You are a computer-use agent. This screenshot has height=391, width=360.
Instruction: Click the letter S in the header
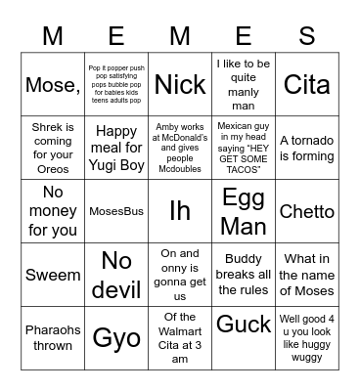(306, 36)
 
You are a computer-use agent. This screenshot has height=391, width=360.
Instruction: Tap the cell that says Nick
(180, 84)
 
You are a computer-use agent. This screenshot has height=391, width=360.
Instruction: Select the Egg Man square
(244, 212)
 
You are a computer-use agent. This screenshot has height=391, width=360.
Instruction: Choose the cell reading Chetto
(307, 212)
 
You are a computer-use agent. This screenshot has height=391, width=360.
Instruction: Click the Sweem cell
(53, 276)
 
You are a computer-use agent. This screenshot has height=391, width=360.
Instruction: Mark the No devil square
(116, 276)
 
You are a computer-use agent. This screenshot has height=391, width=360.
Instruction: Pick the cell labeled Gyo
(116, 339)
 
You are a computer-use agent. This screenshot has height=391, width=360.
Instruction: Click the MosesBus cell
(116, 212)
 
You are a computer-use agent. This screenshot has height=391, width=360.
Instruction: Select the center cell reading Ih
(180, 212)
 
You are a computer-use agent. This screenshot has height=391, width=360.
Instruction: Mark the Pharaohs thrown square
(53, 339)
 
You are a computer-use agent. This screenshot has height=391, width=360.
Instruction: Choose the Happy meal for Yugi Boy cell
(116, 149)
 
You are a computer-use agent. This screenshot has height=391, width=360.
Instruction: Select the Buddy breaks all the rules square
(244, 276)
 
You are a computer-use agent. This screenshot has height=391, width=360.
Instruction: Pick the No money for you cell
(53, 212)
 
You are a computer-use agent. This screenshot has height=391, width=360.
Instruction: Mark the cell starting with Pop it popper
(116, 84)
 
